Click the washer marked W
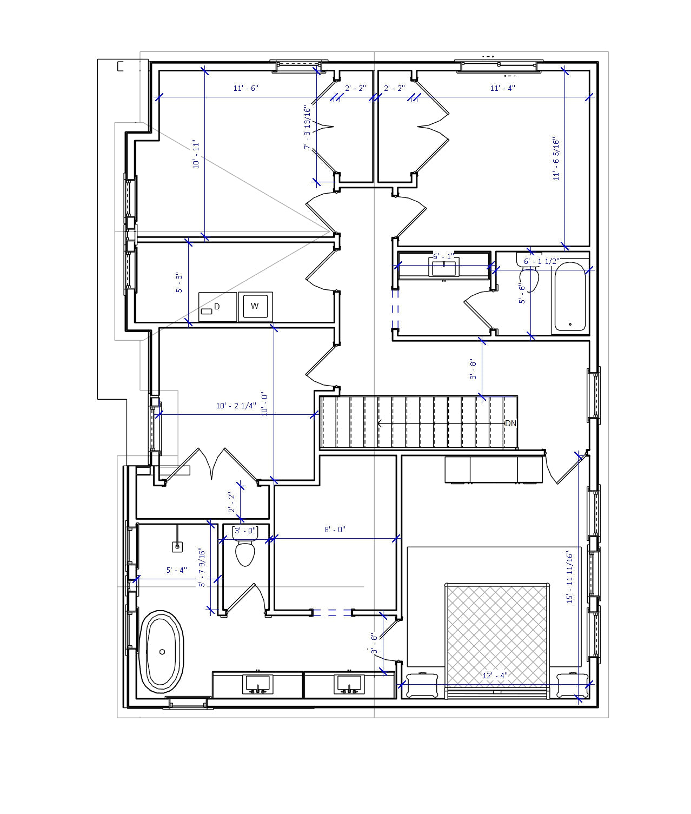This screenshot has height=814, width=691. coord(255,306)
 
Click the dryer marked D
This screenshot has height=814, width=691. coord(217,307)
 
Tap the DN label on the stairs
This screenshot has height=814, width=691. coord(510,423)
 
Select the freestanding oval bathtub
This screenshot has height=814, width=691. coord(162,652)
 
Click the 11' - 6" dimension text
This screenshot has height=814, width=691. coord(246,88)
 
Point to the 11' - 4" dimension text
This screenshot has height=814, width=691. coord(502,88)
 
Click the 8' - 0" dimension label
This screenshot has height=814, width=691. coord(335,530)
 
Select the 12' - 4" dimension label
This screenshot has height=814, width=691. coord(495,676)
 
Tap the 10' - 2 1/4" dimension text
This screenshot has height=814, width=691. coord(236,406)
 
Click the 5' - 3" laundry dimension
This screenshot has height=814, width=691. coord(180,283)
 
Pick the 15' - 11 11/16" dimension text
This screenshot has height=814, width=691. coord(569,577)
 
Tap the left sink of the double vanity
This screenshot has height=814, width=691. coord(257,685)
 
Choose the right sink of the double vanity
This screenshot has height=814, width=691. coord(349,685)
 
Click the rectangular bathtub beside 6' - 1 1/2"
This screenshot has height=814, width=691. coord(569,297)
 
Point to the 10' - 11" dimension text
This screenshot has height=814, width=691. coord(196,154)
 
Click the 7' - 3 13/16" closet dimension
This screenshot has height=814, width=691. coord(308,128)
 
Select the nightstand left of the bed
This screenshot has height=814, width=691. coord(422,685)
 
